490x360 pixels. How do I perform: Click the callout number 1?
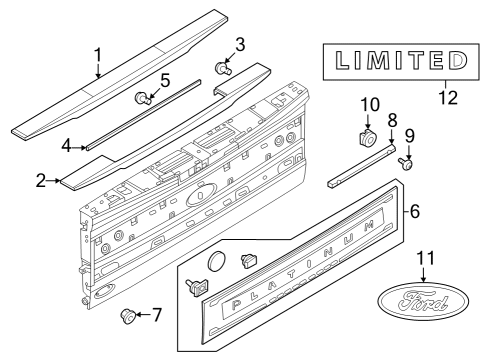pos(97,54)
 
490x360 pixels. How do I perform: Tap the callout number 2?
pos(41,181)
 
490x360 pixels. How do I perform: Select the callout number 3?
pos(239,45)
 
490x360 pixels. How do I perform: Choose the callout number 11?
pos(427,259)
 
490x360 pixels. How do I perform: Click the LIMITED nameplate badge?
pos(393,62)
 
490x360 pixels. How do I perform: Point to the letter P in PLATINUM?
pos(236,304)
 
